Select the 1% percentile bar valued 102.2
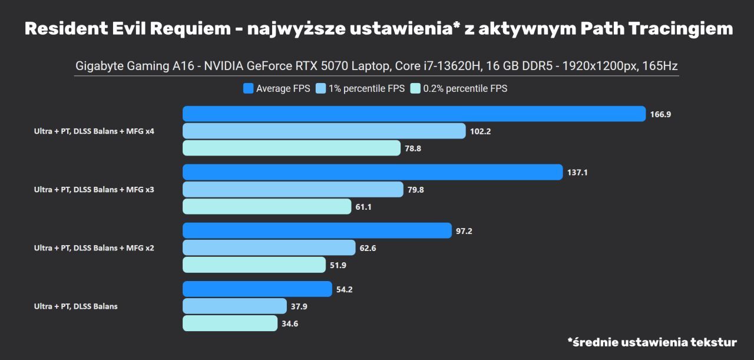pos(324,131)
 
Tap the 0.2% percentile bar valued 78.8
pos(292,148)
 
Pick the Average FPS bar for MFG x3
pos(373,172)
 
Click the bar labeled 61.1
pos(267,207)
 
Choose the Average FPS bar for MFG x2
pos(317,230)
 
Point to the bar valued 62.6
pos(269,247)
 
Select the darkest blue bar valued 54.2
pos(257,289)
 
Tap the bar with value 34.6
pos(230,323)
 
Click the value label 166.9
pos(660,114)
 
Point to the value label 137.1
pos(578,173)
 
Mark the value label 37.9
pos(299,306)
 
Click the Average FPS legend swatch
pos(248,89)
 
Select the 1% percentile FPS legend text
pos(367,89)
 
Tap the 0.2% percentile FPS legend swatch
pos(415,89)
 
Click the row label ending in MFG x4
pos(94,131)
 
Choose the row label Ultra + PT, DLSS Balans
pos(75,306)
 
